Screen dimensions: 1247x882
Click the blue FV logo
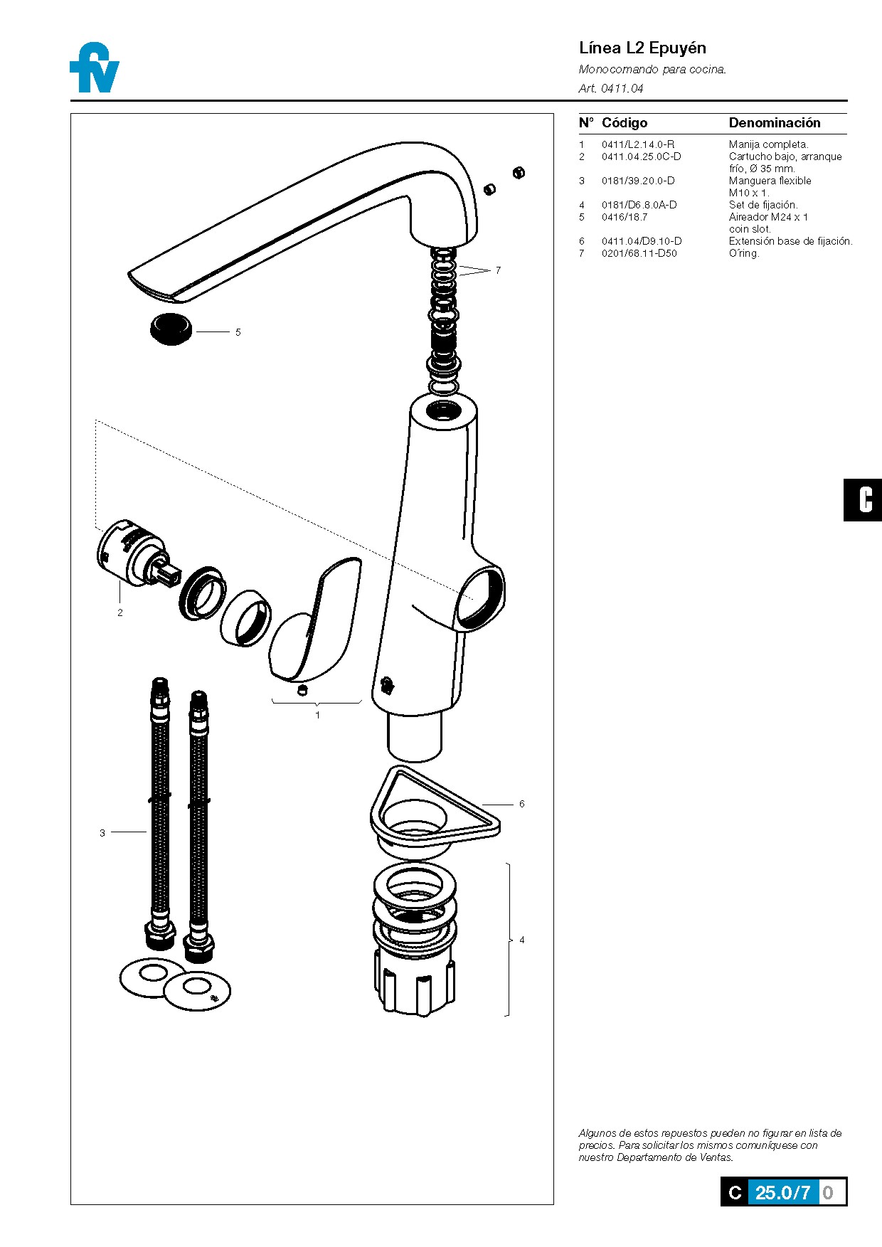(95, 68)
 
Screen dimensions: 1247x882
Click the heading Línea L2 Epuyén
(642, 48)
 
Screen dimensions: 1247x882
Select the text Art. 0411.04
(610, 88)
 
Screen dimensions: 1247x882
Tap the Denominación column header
(774, 123)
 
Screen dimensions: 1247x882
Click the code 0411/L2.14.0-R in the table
(637, 144)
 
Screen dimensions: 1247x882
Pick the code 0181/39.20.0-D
(637, 181)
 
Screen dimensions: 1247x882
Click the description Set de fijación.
(763, 205)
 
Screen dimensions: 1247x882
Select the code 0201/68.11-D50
(639, 253)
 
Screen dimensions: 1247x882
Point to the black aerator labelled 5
(171, 329)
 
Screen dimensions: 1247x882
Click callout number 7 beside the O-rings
(498, 270)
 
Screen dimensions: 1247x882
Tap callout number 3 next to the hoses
(102, 833)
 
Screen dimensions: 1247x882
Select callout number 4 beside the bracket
(521, 940)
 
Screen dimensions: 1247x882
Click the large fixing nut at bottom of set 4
(414, 985)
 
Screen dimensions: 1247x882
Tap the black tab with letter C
(864, 500)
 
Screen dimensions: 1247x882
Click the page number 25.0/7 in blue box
(782, 1193)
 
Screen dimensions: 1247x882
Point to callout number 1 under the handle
(317, 715)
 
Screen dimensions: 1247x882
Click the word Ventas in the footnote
(715, 1157)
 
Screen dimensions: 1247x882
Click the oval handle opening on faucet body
(481, 596)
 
